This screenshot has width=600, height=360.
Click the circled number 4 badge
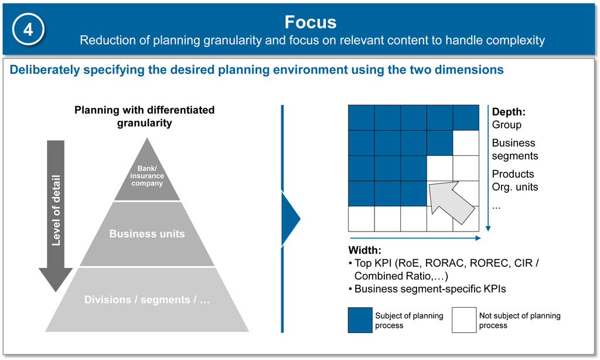28,29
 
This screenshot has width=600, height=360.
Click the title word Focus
311,22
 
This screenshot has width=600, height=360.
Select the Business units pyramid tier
147,233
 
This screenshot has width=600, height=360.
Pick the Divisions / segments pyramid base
147,300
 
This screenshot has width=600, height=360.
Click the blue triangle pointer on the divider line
291,219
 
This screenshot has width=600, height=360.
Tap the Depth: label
509,112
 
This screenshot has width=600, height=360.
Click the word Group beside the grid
507,125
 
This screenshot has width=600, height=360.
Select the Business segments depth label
515,150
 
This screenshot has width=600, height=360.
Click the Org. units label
515,187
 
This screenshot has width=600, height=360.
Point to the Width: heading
364,250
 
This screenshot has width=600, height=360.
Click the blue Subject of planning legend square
360,320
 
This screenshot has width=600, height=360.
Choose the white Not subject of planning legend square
464,320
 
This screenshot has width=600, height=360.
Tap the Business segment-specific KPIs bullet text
430,289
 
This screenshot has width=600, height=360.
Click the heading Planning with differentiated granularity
144,116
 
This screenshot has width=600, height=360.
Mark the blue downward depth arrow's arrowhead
488,229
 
